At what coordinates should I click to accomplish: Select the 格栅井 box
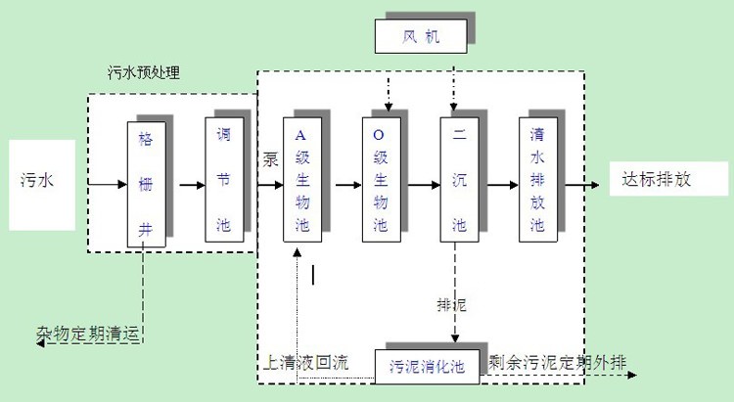[x=145, y=183]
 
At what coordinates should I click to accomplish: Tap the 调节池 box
[x=222, y=179]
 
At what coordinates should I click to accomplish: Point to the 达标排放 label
[x=657, y=180]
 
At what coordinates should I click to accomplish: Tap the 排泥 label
[x=451, y=305]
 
